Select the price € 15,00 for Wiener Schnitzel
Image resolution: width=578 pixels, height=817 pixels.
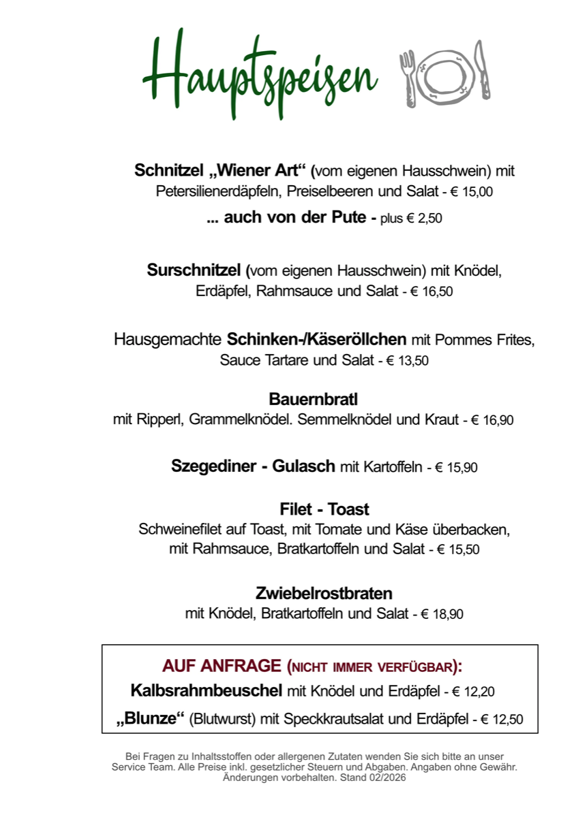pos(471,192)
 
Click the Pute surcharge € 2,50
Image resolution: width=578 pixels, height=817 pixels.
pos(429,219)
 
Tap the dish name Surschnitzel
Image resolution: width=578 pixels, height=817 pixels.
pos(194,270)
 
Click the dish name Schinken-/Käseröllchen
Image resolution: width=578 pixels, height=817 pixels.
pos(316,339)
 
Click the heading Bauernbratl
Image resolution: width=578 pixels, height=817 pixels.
pos(314,399)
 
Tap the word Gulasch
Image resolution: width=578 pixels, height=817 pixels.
pos(304,466)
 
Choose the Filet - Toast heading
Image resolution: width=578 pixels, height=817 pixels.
pos(324,509)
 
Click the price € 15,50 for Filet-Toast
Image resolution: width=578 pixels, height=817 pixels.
pos(458,549)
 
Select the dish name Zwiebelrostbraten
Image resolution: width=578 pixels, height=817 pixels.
pos(324,592)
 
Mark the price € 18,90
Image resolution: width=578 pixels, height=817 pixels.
pos(442,614)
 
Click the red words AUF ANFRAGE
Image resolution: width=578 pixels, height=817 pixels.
pos(222,665)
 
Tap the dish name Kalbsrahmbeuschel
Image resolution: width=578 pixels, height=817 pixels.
pos(206,691)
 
